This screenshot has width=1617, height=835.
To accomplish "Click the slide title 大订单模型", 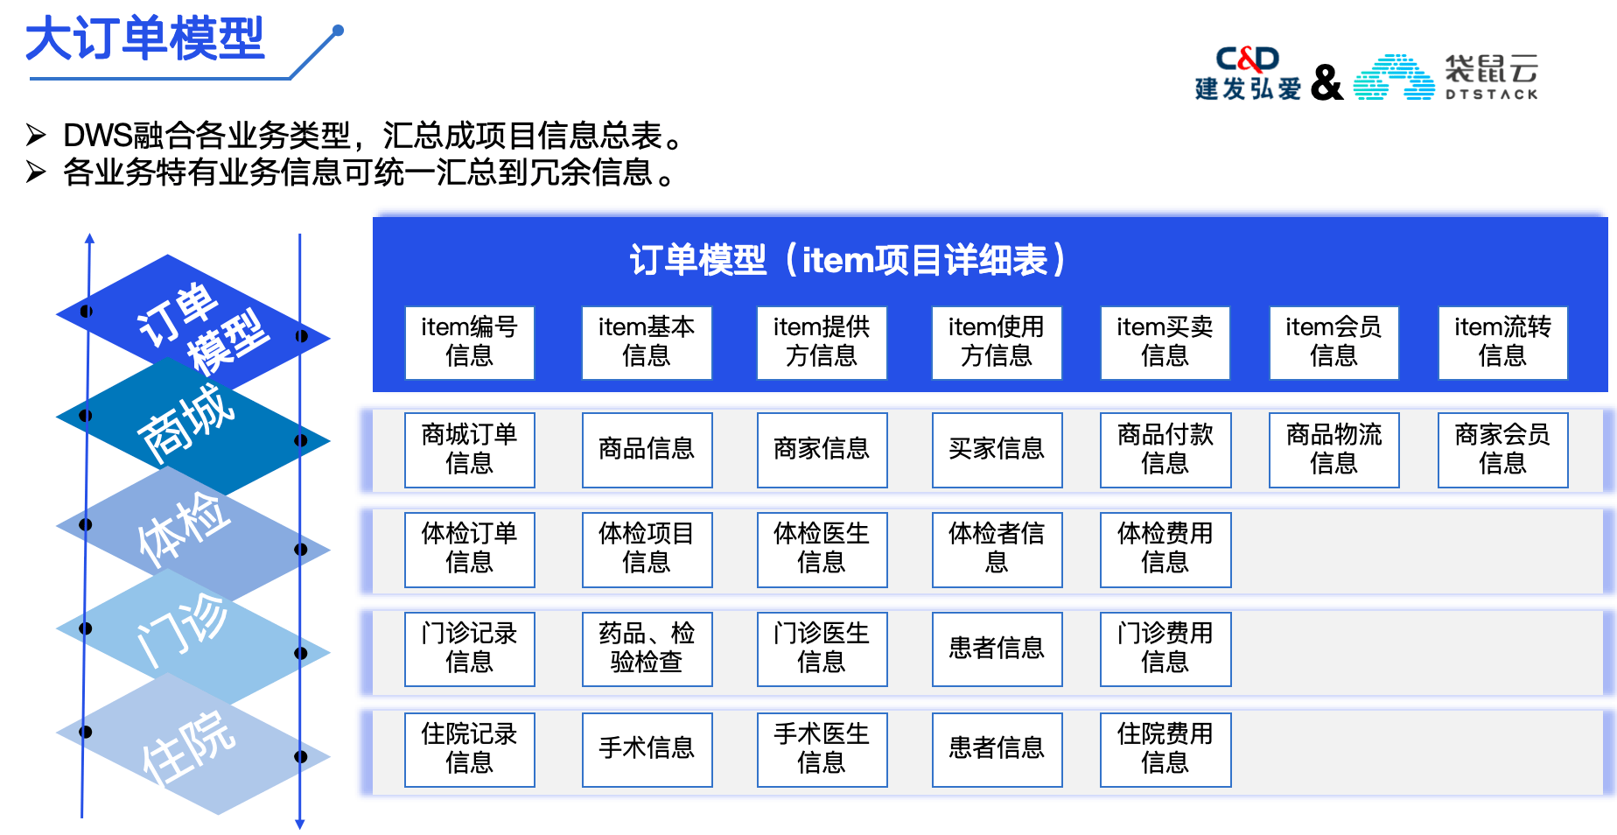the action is pos(145,39).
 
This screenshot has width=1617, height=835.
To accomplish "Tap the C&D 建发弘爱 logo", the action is pos(1248,74).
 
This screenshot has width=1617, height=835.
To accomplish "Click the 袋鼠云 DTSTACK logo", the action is pos(1445,77).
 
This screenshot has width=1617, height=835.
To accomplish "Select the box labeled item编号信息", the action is pos(470,342).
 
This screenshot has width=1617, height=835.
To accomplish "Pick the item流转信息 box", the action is pos(1502,342).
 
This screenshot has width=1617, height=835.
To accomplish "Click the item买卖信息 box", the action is pos(1165,342).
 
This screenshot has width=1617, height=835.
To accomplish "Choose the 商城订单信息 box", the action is pos(470,450).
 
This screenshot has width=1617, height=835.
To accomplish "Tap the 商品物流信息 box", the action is pos(1333,450).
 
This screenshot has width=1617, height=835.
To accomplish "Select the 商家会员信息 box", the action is pos(1502,450).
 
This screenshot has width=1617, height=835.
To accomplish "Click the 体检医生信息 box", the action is pos(822,550).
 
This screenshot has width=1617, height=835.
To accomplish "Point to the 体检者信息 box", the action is pos(997,550).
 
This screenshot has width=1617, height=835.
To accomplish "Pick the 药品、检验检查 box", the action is pos(647,649).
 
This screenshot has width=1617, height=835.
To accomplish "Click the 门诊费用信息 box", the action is pos(1165,649).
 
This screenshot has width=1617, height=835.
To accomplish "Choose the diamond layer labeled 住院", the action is pos(193,744).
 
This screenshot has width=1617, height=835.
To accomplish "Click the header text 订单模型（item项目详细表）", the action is pos(847,260).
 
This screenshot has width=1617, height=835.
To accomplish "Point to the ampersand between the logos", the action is pos(1326,83).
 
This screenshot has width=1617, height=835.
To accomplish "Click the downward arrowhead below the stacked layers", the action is pos(299,824).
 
